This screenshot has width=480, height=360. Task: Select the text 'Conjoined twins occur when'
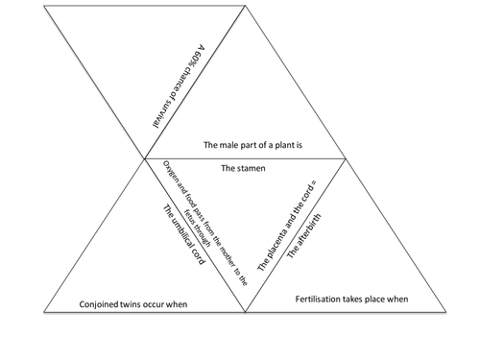[x=132, y=304]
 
